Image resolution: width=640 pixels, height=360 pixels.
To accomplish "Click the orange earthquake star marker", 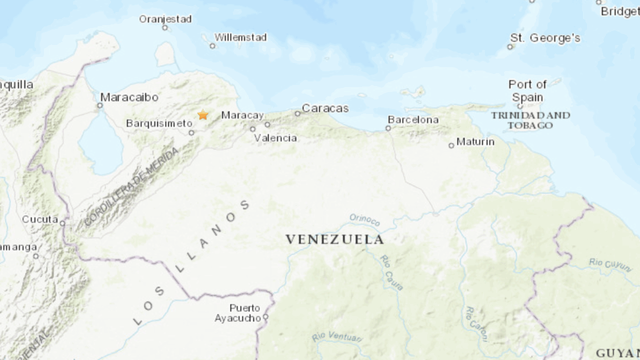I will point(202,115).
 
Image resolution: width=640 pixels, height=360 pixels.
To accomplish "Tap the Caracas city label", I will point(325,108).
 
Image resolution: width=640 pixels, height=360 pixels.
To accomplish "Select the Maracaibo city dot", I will point(100,105).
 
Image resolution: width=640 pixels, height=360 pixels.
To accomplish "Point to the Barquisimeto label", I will point(159,123).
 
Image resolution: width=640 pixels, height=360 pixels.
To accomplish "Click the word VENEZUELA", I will point(334,239).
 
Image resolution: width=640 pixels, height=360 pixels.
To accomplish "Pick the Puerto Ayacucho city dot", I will point(266,317).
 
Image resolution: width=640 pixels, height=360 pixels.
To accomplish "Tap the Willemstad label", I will point(240,37).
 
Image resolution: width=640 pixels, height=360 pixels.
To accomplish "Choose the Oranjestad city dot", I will point(165,27).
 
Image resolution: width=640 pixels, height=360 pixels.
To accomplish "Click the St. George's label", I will point(545,38).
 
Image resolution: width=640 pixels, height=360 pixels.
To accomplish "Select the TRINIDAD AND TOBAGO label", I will point(530,120).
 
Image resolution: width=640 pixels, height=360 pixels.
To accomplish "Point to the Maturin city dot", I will point(451,145).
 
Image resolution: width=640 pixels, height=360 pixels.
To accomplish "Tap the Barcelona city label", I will point(413,119).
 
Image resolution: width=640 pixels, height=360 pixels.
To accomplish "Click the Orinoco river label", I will point(364,219).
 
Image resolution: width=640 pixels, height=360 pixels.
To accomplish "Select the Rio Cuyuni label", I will point(610,264).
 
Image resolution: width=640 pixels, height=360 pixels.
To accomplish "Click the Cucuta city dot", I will point(62,223).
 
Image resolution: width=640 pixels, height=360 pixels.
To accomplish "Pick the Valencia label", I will point(275,138).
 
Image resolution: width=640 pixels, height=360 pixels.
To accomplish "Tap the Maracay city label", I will point(242,115).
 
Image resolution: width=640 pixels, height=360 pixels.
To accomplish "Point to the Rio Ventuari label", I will point(337,336).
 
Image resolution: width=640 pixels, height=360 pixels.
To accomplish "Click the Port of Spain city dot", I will point(520,106).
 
